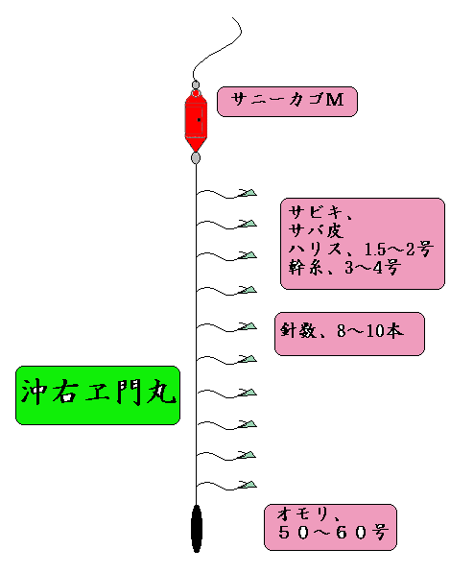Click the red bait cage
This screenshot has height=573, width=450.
click(x=196, y=121)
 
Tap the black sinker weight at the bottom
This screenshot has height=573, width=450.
click(x=197, y=529)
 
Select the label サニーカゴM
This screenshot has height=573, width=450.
click(x=287, y=102)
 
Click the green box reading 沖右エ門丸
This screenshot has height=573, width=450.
click(x=98, y=395)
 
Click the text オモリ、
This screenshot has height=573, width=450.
click(x=309, y=514)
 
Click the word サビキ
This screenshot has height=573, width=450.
click(x=316, y=212)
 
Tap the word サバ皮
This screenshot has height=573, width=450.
click(x=316, y=230)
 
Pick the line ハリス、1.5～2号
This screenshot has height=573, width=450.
click(x=361, y=249)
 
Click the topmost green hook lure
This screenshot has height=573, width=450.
click(x=247, y=193)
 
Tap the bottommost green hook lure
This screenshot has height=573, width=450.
click(x=247, y=485)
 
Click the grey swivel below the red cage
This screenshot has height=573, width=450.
click(x=196, y=157)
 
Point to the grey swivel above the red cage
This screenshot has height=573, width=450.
click(x=196, y=84)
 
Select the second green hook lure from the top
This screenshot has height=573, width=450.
click(x=247, y=224)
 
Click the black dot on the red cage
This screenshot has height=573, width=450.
click(x=199, y=120)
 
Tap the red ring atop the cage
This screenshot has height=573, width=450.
click(x=196, y=93)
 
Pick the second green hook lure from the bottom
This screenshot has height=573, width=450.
click(x=247, y=455)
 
